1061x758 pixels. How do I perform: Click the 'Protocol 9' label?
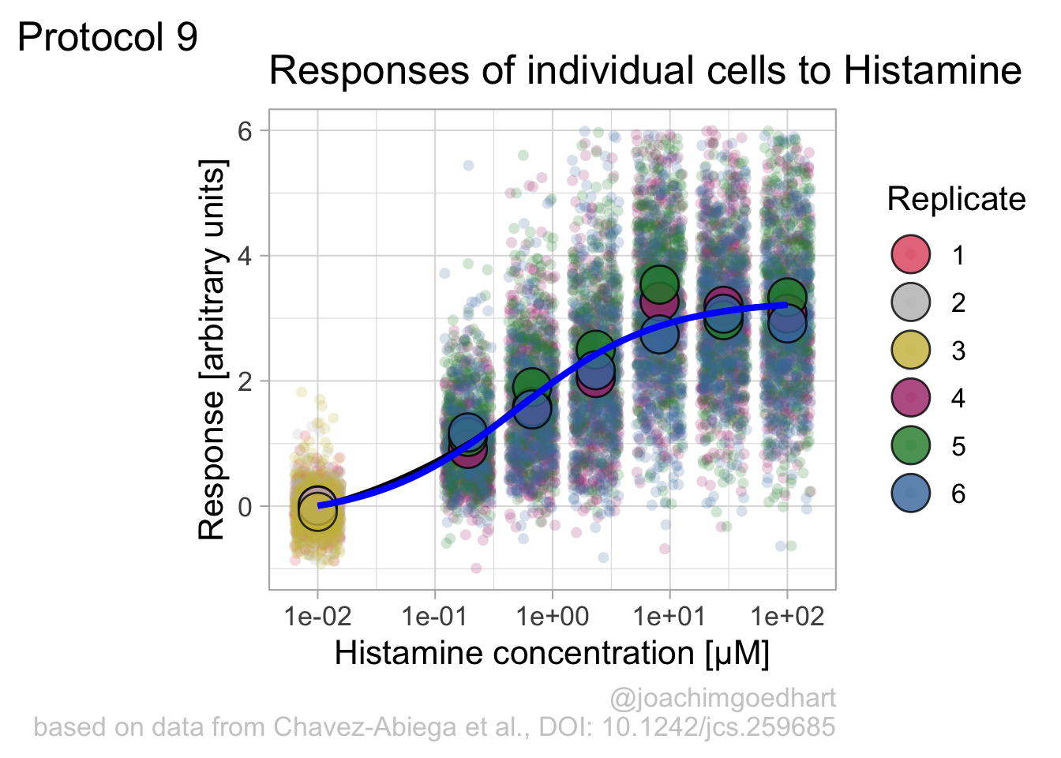tap(107, 37)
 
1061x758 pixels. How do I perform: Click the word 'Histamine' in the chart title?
tap(932, 71)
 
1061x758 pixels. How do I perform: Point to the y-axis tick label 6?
tap(245, 131)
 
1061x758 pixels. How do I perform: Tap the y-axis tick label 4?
tap(245, 257)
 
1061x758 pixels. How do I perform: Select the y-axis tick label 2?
tap(245, 381)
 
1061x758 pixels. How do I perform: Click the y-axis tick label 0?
tap(245, 507)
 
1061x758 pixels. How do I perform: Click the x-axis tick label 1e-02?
tap(317, 617)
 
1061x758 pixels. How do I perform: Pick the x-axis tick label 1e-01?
tap(435, 617)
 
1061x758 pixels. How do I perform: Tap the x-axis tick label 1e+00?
tap(553, 617)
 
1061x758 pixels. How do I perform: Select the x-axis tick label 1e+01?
tap(669, 617)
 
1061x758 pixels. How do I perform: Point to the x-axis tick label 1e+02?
tap(787, 617)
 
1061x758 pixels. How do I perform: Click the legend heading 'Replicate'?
tap(956, 199)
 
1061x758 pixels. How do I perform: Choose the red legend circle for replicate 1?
tap(911, 254)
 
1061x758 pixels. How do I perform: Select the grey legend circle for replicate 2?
tap(911, 302)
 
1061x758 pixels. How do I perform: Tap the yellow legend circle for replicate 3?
tap(911, 350)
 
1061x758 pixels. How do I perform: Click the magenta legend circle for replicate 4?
tap(911, 398)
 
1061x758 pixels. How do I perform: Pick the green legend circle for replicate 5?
tap(911, 446)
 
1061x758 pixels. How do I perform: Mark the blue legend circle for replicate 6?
tap(911, 493)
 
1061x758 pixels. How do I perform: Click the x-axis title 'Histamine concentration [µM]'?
tap(553, 654)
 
